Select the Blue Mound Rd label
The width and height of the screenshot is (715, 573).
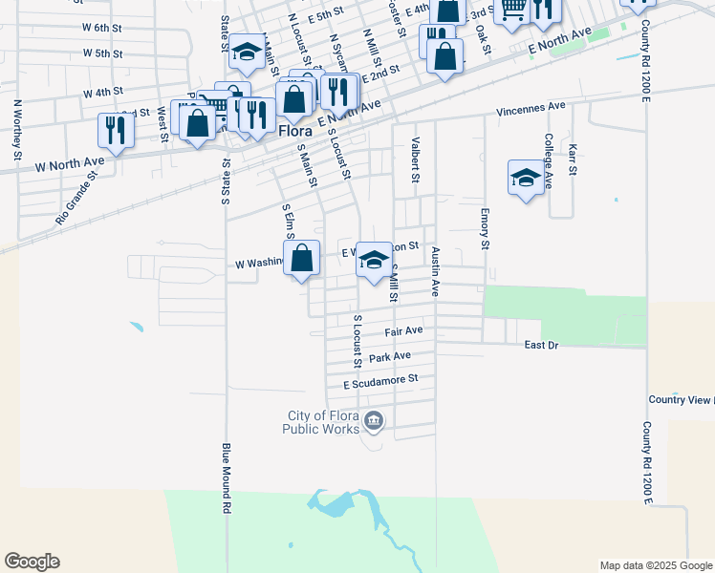[x=227, y=478]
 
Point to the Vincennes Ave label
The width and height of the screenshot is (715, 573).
[x=531, y=110]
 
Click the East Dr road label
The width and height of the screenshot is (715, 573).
[x=541, y=345]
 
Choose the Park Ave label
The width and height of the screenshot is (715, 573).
[x=390, y=356]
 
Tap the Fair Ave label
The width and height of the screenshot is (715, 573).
[x=403, y=331]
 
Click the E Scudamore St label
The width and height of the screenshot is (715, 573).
[x=381, y=380]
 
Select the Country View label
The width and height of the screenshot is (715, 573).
[x=680, y=399]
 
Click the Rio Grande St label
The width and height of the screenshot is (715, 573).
[x=76, y=198]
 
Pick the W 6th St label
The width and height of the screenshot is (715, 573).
[x=102, y=30]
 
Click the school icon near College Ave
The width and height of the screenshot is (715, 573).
[x=526, y=177]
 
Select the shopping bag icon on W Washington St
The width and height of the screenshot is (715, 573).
[x=302, y=258]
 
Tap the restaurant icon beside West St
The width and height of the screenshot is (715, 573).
[x=115, y=130]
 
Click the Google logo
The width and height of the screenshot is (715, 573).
[x=32, y=562]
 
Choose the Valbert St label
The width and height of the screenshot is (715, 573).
[x=415, y=160]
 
